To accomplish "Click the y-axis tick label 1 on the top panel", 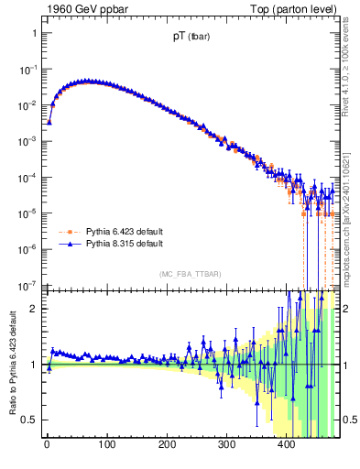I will click(34, 33).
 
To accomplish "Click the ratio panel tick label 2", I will click(34, 309).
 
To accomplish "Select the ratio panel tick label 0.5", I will click(29, 420).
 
